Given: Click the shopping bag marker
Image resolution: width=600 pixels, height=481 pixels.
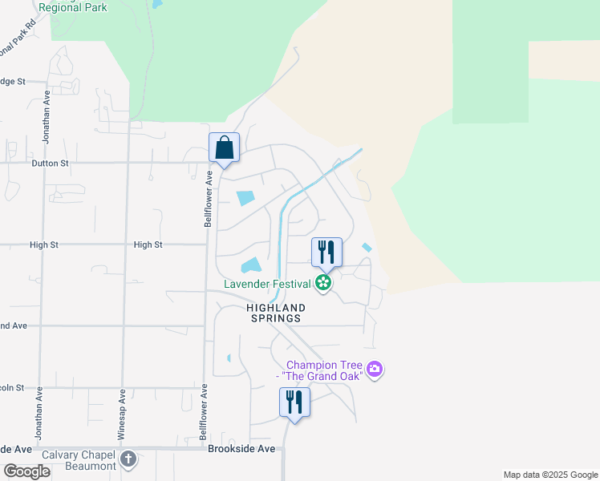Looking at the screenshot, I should tap(225, 149).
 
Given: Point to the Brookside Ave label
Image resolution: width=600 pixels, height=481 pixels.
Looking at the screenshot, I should tap(241, 449).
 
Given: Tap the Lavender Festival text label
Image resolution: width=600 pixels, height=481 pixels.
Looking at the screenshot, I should tap(267, 284).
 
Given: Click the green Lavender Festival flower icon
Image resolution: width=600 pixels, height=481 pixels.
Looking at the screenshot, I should tap(323, 283).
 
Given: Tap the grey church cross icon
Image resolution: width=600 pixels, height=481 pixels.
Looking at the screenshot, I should tap(128, 460).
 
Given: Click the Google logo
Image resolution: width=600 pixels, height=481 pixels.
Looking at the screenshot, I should tap(26, 471).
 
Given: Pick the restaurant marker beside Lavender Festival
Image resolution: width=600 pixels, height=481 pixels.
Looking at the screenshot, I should tap(326, 252).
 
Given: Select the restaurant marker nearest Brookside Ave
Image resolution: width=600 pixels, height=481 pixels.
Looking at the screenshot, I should tap(294, 402).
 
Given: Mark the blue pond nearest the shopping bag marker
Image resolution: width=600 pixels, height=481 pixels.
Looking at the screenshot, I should tap(245, 197).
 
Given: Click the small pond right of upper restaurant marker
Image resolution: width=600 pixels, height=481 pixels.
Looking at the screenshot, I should tap(367, 248).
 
